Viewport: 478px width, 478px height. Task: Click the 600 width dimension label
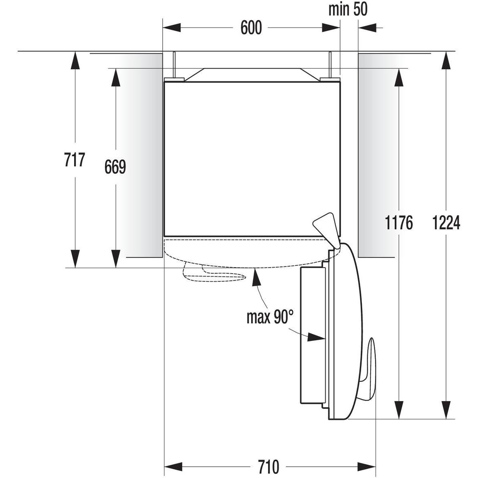point(251,28)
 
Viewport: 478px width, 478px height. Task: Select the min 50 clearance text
point(347,9)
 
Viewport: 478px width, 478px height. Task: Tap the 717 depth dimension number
point(75,159)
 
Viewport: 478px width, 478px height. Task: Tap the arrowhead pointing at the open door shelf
point(316,338)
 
